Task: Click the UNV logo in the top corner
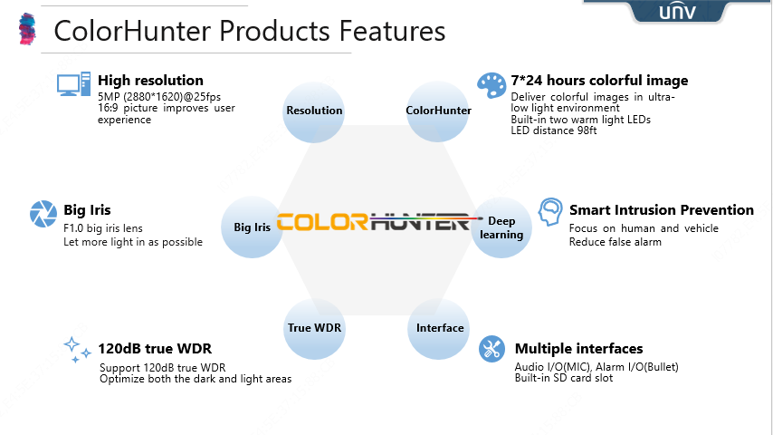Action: (677, 12)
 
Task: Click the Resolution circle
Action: (314, 111)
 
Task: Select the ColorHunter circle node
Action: (438, 111)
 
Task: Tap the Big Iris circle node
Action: (252, 227)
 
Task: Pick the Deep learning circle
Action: (501, 227)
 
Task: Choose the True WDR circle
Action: (314, 329)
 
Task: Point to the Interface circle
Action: (439, 329)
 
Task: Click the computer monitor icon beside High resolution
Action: (74, 84)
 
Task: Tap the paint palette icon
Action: (491, 86)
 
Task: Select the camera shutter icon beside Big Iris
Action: (43, 214)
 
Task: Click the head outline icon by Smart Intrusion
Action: (550, 212)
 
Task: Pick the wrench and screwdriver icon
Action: (492, 349)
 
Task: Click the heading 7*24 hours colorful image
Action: (599, 81)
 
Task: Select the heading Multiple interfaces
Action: (578, 349)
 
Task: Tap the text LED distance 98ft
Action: (554, 130)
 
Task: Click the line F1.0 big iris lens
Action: (103, 228)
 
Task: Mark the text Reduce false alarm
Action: (616, 242)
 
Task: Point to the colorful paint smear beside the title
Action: (27, 29)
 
